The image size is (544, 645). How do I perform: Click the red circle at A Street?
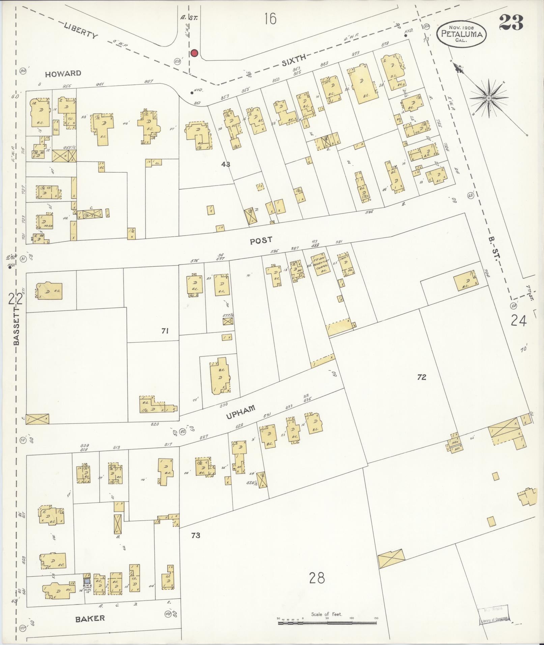pyautogui.click(x=194, y=53)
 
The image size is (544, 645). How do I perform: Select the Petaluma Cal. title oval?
pyautogui.click(x=461, y=35)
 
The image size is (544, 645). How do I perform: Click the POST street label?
pyautogui.click(x=261, y=240)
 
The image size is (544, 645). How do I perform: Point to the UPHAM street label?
pyautogui.click(x=240, y=412)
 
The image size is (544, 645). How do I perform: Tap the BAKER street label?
pyautogui.click(x=90, y=618)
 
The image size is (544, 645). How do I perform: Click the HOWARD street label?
pyautogui.click(x=63, y=74)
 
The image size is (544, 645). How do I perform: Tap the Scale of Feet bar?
pyautogui.click(x=327, y=623)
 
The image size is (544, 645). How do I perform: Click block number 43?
pyautogui.click(x=226, y=164)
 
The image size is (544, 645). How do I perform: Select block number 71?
pyautogui.click(x=165, y=331)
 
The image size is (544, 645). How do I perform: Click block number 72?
pyautogui.click(x=422, y=377)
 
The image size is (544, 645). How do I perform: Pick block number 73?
pyautogui.click(x=196, y=535)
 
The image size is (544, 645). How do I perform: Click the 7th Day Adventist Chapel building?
pyautogui.click(x=317, y=265)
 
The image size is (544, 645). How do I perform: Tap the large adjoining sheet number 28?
pyautogui.click(x=317, y=578)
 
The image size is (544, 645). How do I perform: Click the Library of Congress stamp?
pyautogui.click(x=494, y=615)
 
